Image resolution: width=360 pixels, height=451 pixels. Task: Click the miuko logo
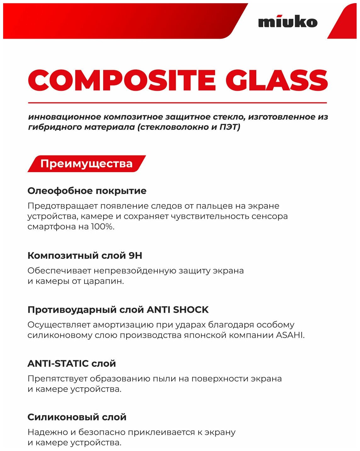pos(288,22)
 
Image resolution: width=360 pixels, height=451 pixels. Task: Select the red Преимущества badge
pos(86,164)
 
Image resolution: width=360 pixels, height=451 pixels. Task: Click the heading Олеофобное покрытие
pos(87,191)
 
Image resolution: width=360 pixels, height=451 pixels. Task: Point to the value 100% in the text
pos(102,226)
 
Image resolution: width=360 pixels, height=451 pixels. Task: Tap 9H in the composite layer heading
pos(136,256)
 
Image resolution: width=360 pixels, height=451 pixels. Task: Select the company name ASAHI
pos(290,335)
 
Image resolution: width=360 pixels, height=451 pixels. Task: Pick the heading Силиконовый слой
pos(77,417)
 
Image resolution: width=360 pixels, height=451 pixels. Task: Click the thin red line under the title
pos(177,103)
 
